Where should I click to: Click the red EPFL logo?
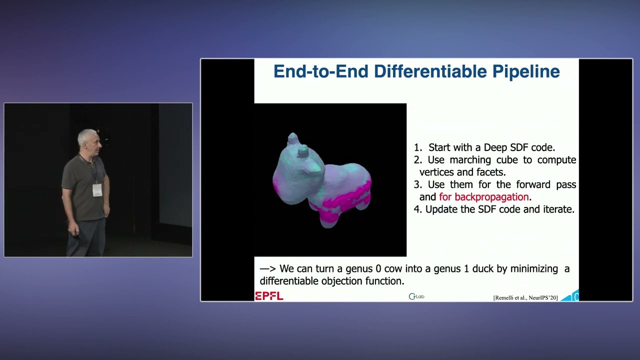(269, 296)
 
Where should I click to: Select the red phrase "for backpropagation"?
(483, 197)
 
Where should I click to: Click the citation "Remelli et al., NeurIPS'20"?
(525, 298)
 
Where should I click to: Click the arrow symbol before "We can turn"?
(267, 269)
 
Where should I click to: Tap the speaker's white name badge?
(97, 189)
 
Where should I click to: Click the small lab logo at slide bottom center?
(416, 296)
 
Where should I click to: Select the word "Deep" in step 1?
(495, 147)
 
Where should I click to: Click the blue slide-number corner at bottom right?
(571, 296)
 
